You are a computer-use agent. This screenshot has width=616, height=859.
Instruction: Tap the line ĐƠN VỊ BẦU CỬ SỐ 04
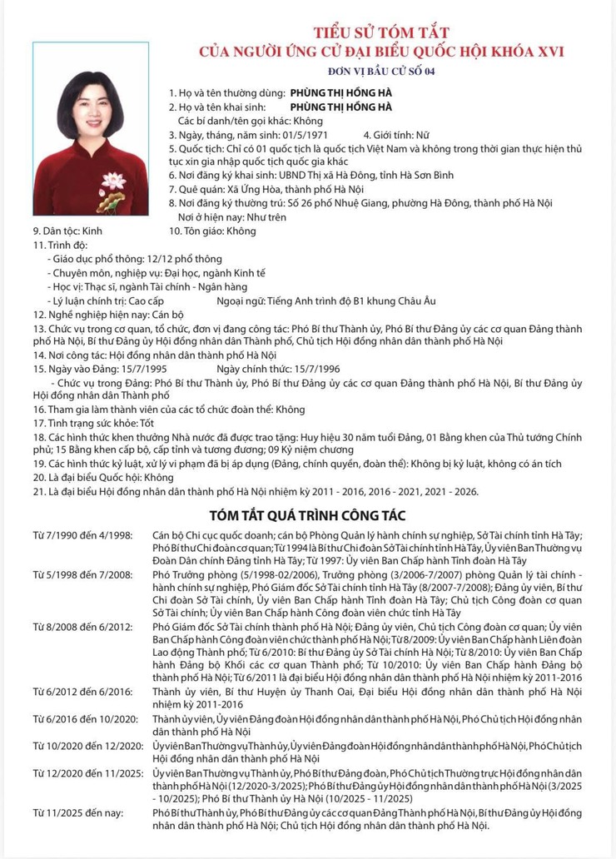(x=381, y=71)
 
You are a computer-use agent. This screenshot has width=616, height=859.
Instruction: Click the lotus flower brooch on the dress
(x=112, y=182)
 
